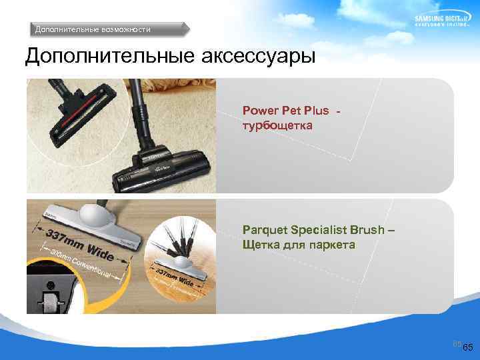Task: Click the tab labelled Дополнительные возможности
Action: tap(93, 29)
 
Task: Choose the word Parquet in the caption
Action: tap(264, 230)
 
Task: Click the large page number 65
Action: tap(467, 348)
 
